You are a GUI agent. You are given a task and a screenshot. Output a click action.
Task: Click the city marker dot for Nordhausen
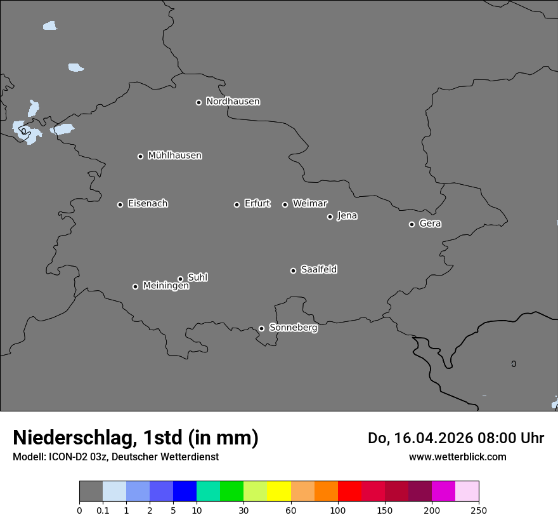coord(198,102)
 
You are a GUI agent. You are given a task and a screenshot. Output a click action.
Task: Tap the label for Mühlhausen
coord(174,156)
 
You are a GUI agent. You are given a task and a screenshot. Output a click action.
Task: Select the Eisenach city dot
coord(120,204)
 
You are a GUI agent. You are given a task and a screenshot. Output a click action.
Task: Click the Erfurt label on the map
coord(257,204)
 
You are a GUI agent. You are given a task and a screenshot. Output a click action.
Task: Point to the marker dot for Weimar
coord(285,204)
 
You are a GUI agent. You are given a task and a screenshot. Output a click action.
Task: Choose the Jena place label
coord(347,216)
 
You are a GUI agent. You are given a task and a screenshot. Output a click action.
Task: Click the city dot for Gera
coord(412,224)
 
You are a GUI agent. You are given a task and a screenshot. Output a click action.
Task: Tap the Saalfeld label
coord(318,270)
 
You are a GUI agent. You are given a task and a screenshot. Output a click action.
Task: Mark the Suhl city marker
coord(180,279)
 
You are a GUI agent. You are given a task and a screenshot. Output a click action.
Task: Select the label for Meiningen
coord(165,286)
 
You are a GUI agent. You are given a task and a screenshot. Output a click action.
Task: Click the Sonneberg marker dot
coord(261,328)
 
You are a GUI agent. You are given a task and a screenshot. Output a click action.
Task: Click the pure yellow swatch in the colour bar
coord(279,491)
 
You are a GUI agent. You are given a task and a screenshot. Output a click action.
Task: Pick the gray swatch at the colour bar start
coord(91,491)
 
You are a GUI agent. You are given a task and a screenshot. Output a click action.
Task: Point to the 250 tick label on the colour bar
coord(479,510)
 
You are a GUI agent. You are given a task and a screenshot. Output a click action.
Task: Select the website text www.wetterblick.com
coord(457,457)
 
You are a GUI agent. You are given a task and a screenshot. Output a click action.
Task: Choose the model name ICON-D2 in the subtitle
coord(66,457)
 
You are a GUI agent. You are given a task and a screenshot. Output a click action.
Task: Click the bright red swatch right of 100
coord(349,491)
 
